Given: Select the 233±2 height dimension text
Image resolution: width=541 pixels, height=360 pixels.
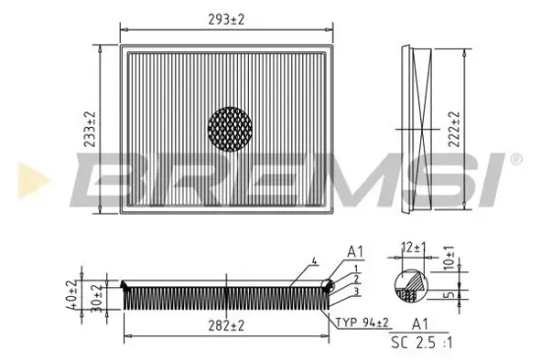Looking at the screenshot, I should click(x=90, y=129).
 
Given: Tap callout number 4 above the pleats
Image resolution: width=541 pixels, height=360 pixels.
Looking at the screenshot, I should click(x=313, y=261).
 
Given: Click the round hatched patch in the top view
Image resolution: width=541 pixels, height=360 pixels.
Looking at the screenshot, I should click(x=232, y=129).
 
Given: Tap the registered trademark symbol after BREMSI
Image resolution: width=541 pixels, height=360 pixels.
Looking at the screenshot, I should click(x=514, y=158).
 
